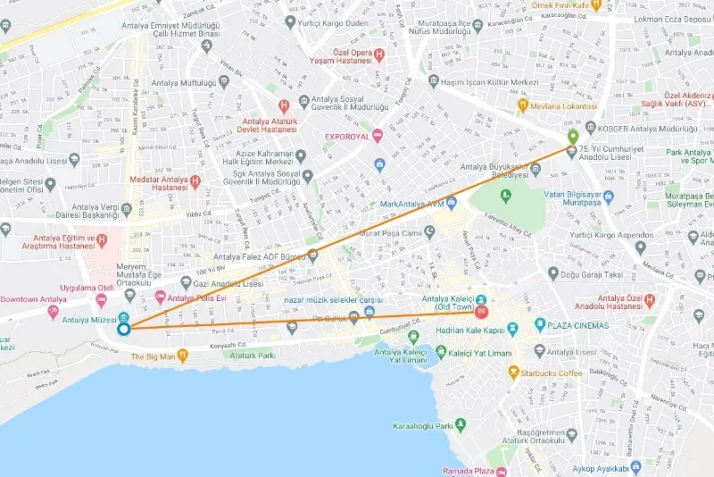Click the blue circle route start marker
124,328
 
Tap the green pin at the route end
573,137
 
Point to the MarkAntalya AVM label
411,204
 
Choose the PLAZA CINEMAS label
578,325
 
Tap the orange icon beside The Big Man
182,355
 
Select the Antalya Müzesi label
83,320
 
